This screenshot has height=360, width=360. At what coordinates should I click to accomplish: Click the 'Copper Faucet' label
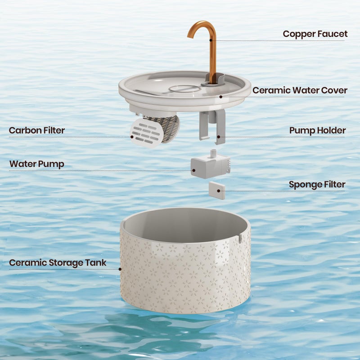(x=315, y=34)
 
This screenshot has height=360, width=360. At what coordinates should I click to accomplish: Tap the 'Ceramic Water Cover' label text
(x=300, y=90)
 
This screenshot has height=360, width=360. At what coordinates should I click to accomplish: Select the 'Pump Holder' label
(x=318, y=130)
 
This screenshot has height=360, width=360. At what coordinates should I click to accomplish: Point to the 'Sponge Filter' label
(x=317, y=184)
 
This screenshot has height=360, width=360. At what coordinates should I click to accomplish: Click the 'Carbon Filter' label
(x=37, y=130)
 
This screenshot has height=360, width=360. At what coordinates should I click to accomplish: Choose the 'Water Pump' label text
(x=37, y=164)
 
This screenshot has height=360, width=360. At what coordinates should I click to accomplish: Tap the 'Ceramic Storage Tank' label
(x=58, y=263)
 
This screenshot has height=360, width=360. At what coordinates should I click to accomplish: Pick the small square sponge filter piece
(x=217, y=190)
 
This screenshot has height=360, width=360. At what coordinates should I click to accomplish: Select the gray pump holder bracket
(x=212, y=126)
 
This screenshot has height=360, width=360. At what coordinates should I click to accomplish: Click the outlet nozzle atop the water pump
(x=213, y=153)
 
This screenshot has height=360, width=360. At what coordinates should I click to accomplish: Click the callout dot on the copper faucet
(x=211, y=40)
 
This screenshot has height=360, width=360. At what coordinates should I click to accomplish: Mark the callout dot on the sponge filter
(x=219, y=191)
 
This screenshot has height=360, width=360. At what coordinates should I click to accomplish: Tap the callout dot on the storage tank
(x=120, y=269)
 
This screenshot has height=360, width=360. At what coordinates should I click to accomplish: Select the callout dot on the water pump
(x=194, y=171)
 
